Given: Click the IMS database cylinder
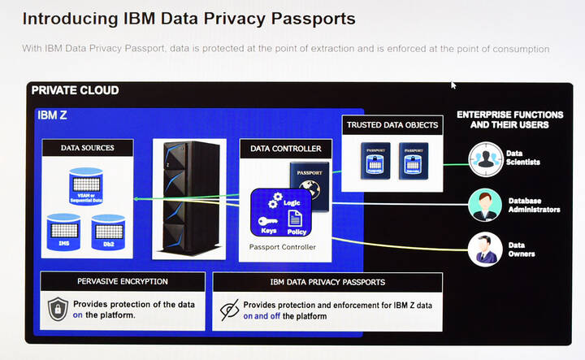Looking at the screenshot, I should click(x=64, y=232).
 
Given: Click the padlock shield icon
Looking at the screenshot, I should click(x=57, y=310).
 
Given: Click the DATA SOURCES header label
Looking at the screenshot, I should click(x=87, y=148).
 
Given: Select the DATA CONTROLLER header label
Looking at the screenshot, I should click(x=285, y=149).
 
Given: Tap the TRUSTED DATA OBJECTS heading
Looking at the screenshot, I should click(x=392, y=124).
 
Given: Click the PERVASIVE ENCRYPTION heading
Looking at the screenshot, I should click(x=122, y=281).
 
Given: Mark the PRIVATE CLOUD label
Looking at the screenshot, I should click(x=75, y=90).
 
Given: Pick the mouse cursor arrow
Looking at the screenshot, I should click(x=453, y=85).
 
